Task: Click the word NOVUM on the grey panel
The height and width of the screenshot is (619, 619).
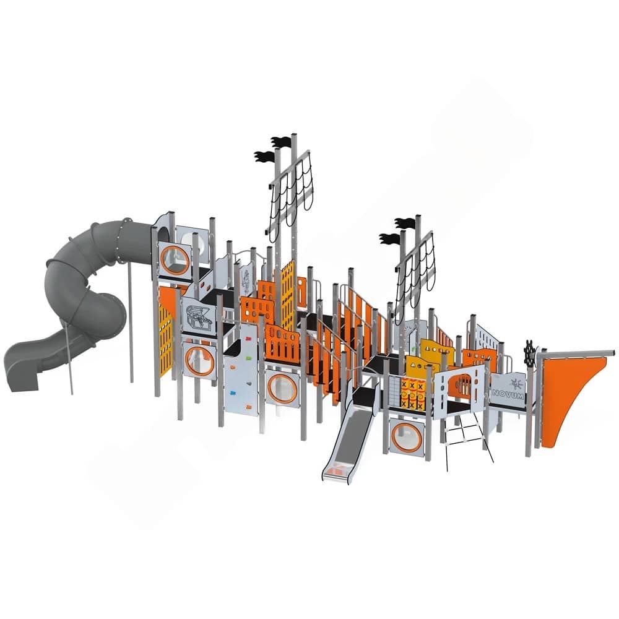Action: [508, 394]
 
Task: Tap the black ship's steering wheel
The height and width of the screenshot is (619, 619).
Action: [530, 350]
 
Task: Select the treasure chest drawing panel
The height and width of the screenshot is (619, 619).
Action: [199, 316]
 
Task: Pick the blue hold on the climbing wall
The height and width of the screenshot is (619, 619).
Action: [233, 393]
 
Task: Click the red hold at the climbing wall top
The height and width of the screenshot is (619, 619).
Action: [248, 339]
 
